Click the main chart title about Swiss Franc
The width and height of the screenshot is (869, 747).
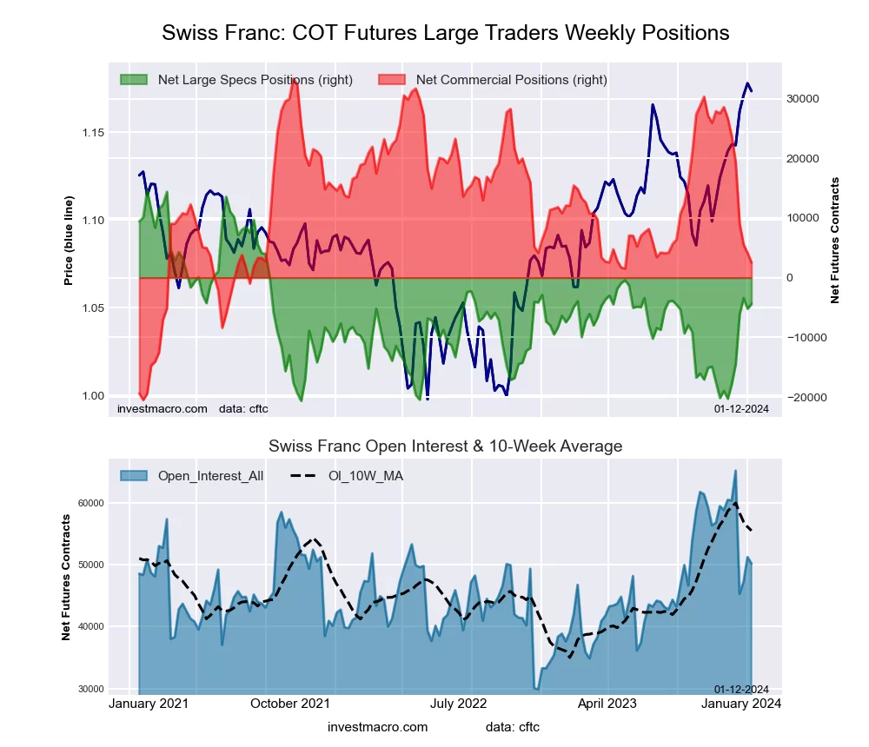(x=445, y=33)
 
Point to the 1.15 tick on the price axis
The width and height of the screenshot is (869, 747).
(x=93, y=132)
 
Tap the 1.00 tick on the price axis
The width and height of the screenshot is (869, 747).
(x=93, y=396)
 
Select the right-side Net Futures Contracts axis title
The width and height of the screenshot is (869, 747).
(x=835, y=240)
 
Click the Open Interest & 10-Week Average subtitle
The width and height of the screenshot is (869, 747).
(x=445, y=446)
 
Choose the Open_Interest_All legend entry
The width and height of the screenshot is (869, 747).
(x=210, y=476)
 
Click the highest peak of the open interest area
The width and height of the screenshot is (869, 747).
(x=735, y=471)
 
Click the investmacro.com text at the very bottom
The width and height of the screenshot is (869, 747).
(x=378, y=727)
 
